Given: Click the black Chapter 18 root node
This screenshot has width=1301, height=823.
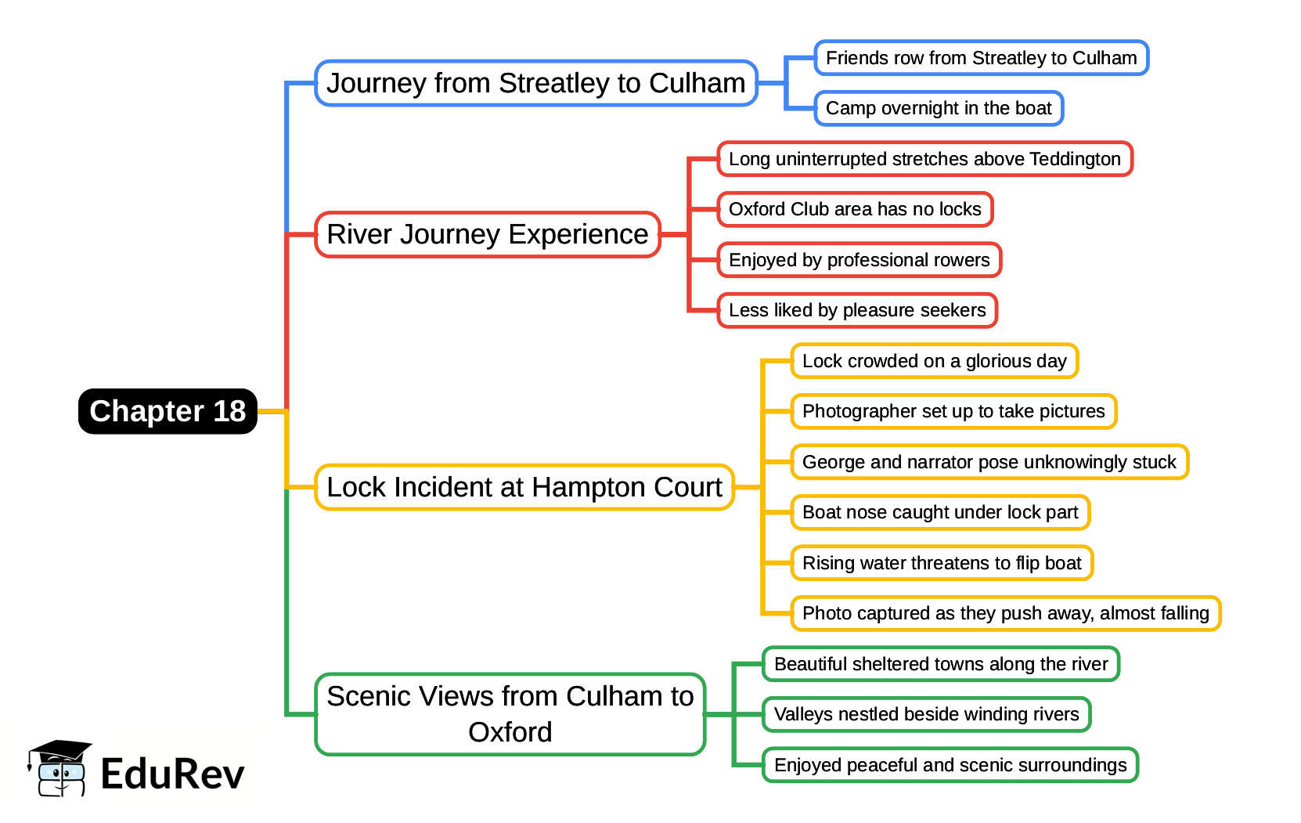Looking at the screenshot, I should [168, 411].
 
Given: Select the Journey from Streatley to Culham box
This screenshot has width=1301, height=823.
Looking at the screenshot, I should [536, 83].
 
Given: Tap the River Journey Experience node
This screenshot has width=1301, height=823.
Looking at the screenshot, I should [488, 234].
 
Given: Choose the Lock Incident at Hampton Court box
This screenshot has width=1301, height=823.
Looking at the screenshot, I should [524, 487].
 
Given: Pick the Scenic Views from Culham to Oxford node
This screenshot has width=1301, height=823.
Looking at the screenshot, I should [510, 714].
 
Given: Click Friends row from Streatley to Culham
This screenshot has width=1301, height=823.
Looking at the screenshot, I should [981, 58].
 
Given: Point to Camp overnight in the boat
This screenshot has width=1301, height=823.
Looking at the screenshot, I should [939, 108].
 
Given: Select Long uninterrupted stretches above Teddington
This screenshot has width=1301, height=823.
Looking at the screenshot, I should [924, 159].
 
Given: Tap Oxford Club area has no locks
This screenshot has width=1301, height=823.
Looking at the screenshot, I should [855, 209].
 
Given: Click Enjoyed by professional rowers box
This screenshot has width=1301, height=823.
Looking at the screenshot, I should [859, 260].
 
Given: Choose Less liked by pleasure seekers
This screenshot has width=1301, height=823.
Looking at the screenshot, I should [857, 310].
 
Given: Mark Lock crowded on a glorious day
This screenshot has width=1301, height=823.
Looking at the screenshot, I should [934, 361].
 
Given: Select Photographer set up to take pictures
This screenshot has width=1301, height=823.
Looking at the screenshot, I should [953, 411].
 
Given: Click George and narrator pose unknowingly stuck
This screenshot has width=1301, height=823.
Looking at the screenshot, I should [989, 462].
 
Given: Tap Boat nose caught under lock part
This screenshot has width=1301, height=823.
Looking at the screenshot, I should [940, 512].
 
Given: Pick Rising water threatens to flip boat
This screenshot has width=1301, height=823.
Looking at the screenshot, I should [942, 563].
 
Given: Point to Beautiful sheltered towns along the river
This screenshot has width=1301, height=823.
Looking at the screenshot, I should [941, 664].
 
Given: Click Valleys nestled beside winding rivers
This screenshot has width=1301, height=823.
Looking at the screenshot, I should [926, 714].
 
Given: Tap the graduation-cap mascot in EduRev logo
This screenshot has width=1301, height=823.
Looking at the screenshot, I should [59, 769].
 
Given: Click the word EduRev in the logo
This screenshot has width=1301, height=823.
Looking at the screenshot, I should [172, 774].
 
